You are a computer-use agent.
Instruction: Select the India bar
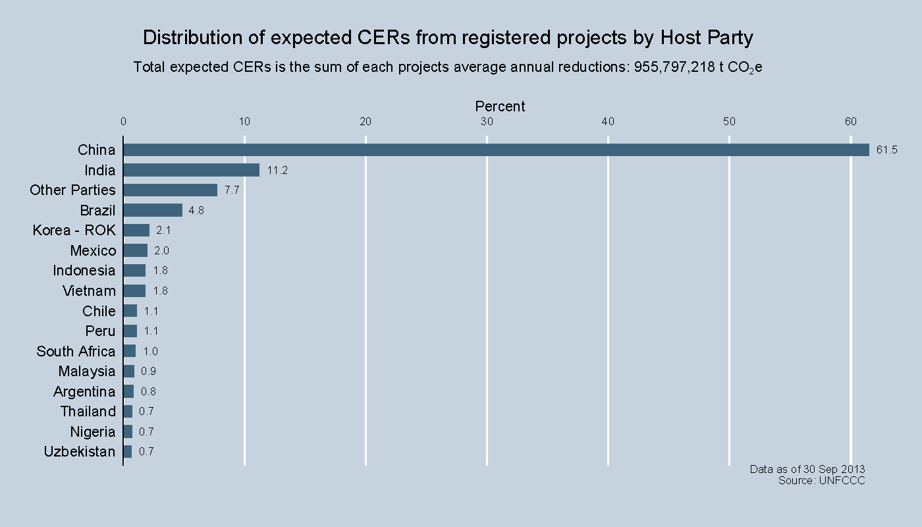tap(191, 170)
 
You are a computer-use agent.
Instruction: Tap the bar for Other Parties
tap(170, 190)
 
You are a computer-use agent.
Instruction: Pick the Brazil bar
tap(152, 210)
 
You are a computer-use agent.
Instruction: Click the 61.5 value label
tap(886, 150)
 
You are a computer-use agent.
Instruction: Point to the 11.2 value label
tap(277, 171)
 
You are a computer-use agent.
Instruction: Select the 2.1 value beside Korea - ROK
tap(163, 231)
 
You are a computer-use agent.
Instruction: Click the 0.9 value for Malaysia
tap(148, 372)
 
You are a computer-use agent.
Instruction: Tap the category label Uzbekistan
tap(79, 452)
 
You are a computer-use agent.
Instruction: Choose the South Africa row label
tap(76, 351)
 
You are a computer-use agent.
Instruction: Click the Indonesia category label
tap(84, 271)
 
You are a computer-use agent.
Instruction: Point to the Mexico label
tap(93, 251)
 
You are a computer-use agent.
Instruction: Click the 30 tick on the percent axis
tap(487, 121)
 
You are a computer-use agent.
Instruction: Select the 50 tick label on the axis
tap(729, 121)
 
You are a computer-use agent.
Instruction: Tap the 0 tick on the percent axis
tap(123, 121)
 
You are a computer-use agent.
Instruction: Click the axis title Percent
tap(500, 107)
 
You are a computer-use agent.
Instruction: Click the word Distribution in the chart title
tap(193, 38)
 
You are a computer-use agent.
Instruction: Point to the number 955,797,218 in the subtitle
tap(674, 67)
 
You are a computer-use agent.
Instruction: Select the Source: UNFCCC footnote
tap(821, 481)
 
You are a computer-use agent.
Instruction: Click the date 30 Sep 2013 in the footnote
tap(834, 469)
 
